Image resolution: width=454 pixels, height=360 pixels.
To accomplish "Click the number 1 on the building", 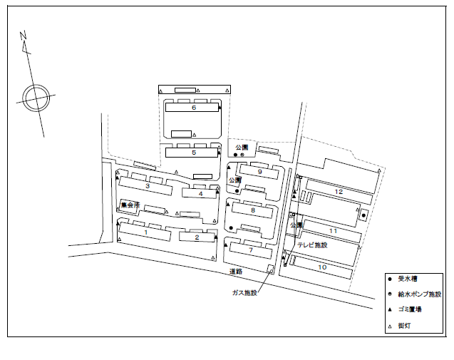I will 145,232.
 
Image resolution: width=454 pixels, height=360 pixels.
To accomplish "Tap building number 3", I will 147,186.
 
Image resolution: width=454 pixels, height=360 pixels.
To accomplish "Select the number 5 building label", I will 193,153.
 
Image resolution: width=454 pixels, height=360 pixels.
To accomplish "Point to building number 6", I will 193,108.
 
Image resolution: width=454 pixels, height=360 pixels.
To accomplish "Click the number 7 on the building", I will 251,250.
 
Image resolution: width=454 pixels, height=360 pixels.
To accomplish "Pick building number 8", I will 252,210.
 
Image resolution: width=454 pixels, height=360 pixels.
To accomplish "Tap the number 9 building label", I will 260,172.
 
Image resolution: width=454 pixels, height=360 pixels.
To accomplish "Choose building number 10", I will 322,267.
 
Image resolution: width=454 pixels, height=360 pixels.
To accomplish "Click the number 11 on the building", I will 332,231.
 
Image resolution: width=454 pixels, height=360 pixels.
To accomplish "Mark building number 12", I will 339,192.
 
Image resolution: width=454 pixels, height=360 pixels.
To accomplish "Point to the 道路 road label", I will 236,272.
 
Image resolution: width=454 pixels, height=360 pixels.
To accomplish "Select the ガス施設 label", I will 244,292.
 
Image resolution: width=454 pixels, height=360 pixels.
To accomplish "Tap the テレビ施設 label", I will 312,245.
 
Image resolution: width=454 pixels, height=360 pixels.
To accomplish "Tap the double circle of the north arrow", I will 36,96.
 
